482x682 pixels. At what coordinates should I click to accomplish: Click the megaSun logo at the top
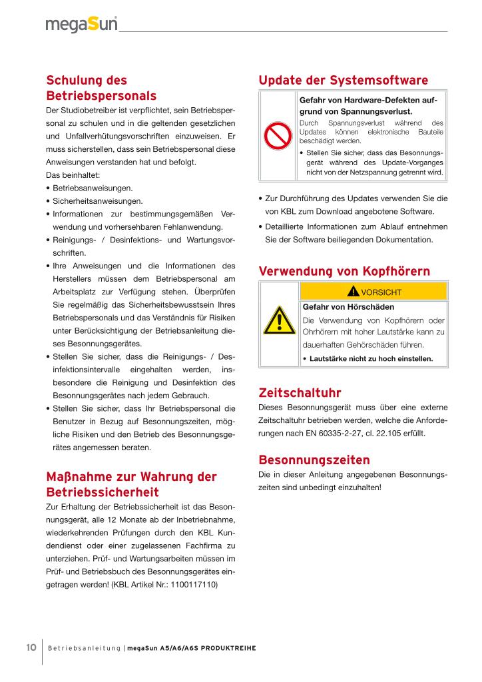(x=81, y=24)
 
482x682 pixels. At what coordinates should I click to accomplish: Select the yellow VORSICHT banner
(x=373, y=291)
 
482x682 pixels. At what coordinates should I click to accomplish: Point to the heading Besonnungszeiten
(x=314, y=460)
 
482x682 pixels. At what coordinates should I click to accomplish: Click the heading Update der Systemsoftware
(x=343, y=81)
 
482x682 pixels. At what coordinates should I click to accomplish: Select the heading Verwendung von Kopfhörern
(x=344, y=271)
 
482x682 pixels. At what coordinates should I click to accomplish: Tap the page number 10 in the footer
(x=31, y=647)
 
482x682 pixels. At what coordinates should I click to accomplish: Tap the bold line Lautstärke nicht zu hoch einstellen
(x=371, y=358)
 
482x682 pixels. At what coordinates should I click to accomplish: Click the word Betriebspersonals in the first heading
(x=101, y=95)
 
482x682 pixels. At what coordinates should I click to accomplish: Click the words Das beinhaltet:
(x=73, y=175)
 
